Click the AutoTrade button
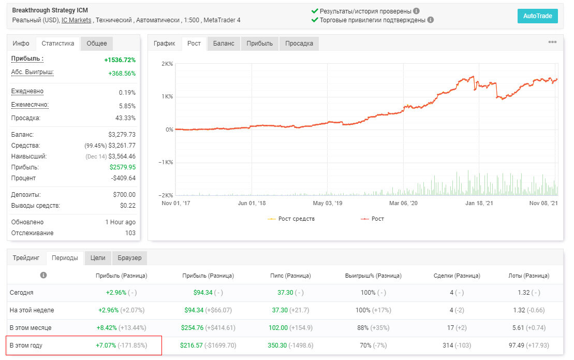537,16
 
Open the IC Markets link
76,20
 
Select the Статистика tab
58,43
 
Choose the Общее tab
97,43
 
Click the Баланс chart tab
224,43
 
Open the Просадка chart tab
299,43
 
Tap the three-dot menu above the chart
552,42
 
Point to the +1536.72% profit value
120,60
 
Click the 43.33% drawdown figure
125,118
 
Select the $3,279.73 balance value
122,134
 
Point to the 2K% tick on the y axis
167,64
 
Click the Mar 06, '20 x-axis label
403,203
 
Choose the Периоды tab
65,258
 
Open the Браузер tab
129,258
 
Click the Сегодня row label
22,293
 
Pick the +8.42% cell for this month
107,328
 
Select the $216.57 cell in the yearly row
191,345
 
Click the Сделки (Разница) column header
457,276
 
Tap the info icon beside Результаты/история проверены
416,11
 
